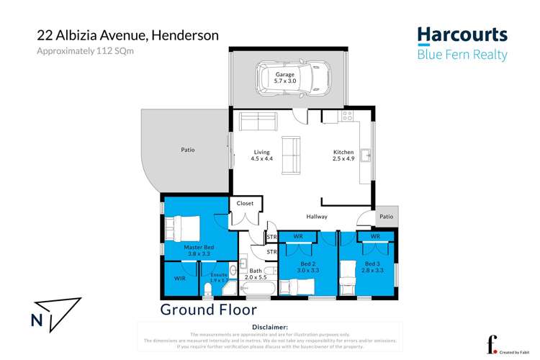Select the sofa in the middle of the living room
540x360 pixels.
[x=291, y=155]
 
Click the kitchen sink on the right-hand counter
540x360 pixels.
[x=366, y=154]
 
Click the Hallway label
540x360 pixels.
[x=316, y=216]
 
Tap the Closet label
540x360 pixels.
[x=245, y=204]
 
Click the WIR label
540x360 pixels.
[x=180, y=277]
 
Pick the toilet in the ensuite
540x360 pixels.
[x=207, y=289]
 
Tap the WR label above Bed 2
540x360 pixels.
[x=297, y=235]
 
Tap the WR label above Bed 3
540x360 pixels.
[x=374, y=235]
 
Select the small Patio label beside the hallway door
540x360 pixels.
[x=387, y=217]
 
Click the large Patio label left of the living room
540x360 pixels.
[x=187, y=150]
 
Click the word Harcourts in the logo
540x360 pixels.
[x=462, y=35]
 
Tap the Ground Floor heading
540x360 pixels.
[x=207, y=310]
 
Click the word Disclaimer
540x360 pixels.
[x=266, y=327]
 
